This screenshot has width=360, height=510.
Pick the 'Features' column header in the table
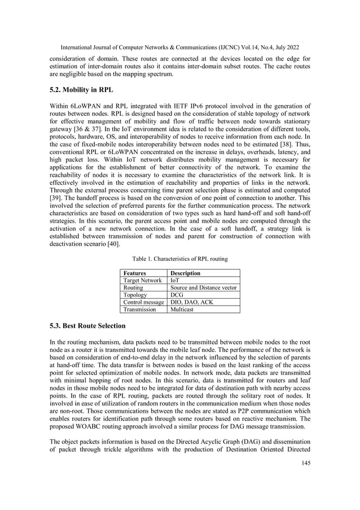[135, 273]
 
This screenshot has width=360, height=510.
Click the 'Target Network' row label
[143, 280]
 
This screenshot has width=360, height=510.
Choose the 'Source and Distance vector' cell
[204, 287]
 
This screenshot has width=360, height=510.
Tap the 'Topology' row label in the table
[136, 295]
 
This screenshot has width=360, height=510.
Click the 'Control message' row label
[144, 302]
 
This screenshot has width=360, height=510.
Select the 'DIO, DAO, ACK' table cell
[192, 302]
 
